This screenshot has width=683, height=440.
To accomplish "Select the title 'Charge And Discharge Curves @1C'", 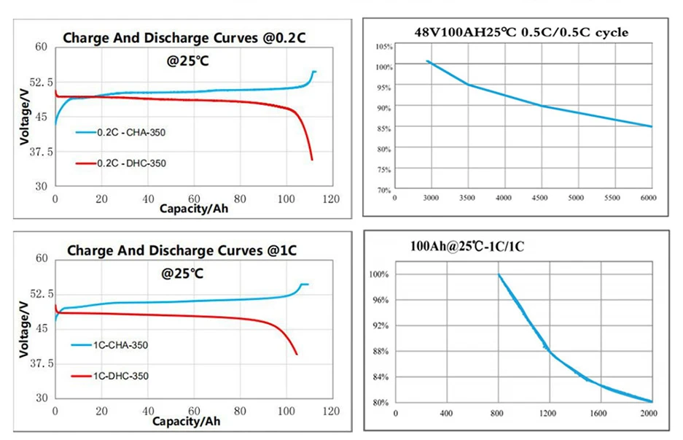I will tap(182, 250).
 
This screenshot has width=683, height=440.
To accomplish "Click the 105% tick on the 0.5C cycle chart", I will tap(383, 47).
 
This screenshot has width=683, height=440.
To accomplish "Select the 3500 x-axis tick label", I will tap(467, 198).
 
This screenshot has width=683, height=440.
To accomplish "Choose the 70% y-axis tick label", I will tap(384, 190).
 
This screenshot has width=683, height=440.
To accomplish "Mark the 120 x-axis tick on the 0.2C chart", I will tap(331, 199).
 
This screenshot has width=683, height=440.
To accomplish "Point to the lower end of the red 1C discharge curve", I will tap(296, 354).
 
